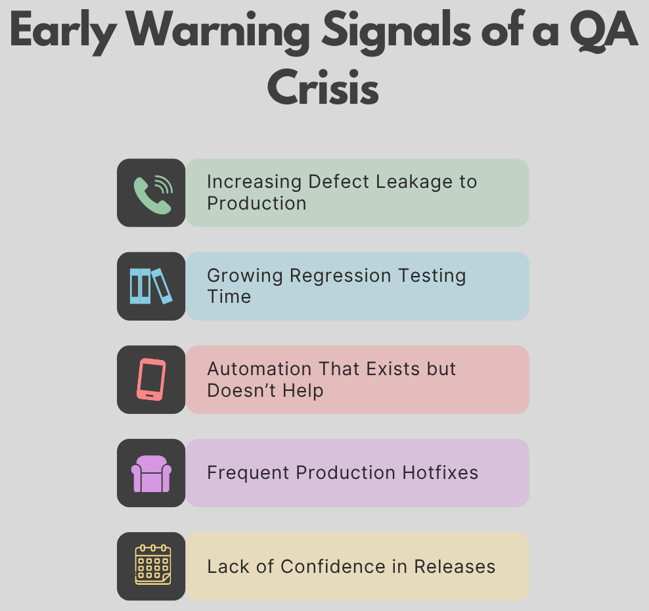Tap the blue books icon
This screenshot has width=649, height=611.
151,286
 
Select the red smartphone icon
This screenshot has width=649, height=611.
151,379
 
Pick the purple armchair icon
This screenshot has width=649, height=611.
151,474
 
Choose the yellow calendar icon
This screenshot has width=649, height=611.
153,564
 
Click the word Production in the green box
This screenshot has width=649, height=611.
257,203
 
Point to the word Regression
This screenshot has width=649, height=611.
340,276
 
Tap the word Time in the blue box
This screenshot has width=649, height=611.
229,297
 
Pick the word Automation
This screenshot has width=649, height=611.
259,369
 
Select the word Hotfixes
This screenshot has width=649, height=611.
440,473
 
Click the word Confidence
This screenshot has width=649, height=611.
333,567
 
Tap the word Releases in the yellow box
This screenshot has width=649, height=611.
455,567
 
